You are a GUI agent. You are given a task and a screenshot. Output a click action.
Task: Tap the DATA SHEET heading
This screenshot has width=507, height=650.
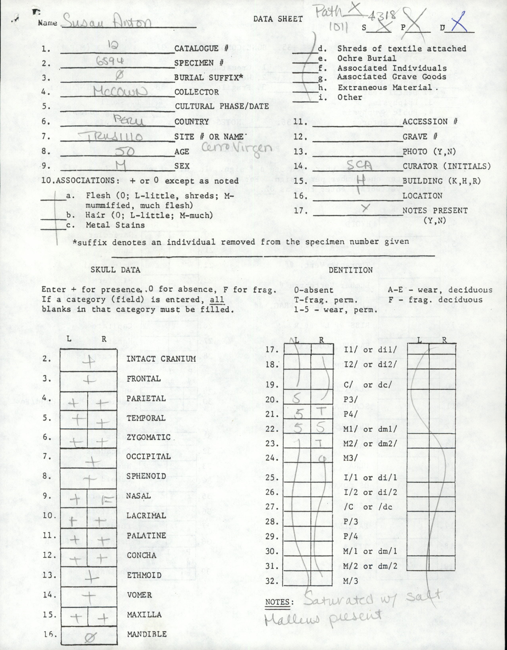point(278,19)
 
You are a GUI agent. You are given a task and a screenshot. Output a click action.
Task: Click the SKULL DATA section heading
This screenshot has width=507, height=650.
point(115,270)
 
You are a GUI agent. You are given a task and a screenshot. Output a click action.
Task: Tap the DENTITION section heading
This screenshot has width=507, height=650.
point(351,270)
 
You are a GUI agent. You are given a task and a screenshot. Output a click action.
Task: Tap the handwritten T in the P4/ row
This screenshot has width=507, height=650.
point(322,412)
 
